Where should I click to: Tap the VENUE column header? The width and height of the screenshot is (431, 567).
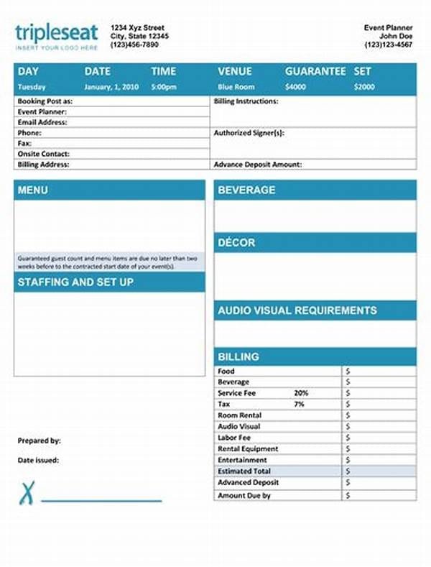(235, 71)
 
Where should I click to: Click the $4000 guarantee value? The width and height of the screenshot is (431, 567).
(295, 87)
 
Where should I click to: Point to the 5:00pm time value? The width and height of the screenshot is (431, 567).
(163, 87)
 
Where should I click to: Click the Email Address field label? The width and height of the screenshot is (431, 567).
(42, 122)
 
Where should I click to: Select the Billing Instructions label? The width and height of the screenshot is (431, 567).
(246, 101)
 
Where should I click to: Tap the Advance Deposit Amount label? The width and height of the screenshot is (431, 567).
(257, 165)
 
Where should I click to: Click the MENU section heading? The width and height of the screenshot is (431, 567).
(33, 190)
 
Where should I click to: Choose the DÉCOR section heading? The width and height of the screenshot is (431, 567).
(236, 242)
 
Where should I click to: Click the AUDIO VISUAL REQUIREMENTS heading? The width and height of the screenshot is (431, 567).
(297, 310)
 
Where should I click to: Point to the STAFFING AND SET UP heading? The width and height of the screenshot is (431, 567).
(75, 282)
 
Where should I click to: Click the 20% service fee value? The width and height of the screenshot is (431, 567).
(301, 393)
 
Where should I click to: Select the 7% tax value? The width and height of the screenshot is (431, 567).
(300, 404)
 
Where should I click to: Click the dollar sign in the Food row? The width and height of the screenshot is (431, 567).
(348, 371)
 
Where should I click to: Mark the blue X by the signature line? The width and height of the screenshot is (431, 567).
(27, 494)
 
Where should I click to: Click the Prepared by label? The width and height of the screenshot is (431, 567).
(39, 441)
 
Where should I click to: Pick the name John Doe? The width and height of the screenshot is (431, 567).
(396, 36)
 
